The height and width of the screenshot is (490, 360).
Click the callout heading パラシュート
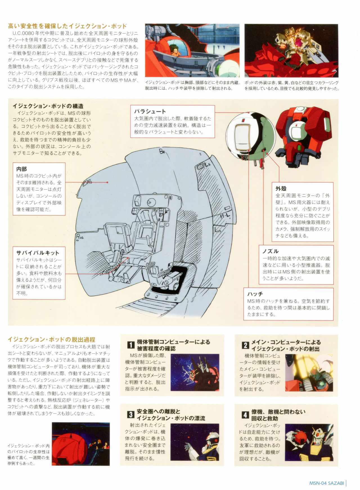[150, 112]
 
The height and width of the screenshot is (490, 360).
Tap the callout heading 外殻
[281, 188]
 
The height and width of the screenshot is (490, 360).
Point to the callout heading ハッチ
[255, 294]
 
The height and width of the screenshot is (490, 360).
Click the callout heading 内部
[22, 169]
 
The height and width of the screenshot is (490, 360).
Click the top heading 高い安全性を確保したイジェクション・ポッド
[67, 26]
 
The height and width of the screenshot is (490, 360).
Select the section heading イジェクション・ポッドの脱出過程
[51, 339]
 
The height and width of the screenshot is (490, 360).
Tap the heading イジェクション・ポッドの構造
[48, 106]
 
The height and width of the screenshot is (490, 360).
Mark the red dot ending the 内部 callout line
[107, 182]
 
